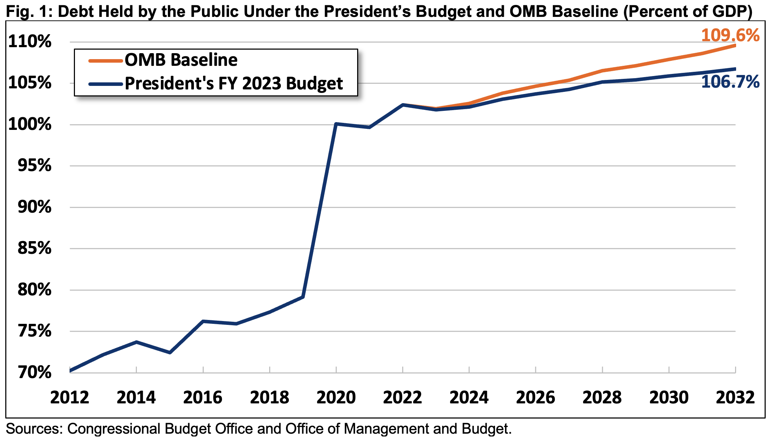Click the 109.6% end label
click(730, 35)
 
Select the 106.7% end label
click(730, 82)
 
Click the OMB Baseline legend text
click(181, 60)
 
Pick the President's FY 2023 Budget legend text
click(234, 84)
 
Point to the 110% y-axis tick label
click(30, 42)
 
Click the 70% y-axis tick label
click(34, 372)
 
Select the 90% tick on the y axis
click(34, 207)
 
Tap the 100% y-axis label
click(30, 124)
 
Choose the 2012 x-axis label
click(70, 397)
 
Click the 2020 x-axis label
click(336, 397)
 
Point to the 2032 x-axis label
click(735, 397)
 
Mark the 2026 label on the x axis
click(536, 397)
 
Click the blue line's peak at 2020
click(336, 124)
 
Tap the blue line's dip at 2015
click(170, 352)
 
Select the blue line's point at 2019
click(303, 297)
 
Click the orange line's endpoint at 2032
click(735, 45)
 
